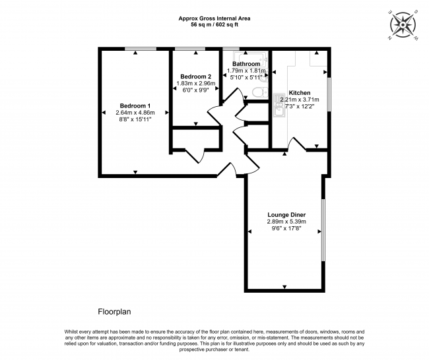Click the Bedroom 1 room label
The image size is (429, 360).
pyautogui.click(x=135, y=105)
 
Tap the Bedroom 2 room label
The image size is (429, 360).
pyautogui.click(x=195, y=76)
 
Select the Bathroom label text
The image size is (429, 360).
pyautogui.click(x=246, y=64)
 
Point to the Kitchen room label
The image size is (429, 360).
pyautogui.click(x=300, y=93)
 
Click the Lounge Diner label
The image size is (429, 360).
pyautogui.click(x=286, y=215)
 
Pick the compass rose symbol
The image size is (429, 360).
pyautogui.click(x=403, y=25)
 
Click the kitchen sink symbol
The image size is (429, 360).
pyautogui.click(x=279, y=105)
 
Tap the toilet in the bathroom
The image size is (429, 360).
pyautogui.click(x=260, y=92)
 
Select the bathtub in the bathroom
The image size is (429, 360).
pyautogui.click(x=249, y=59)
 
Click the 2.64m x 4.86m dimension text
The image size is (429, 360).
pyautogui.click(x=135, y=113)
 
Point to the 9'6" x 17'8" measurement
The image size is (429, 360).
pyautogui.click(x=286, y=229)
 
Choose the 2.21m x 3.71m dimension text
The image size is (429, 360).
pyautogui.click(x=300, y=100)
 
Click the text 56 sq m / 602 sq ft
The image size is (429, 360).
pyautogui.click(x=214, y=25)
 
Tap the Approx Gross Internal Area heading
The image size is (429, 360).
pyautogui.click(x=214, y=18)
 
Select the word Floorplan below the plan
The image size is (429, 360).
pyautogui.click(x=114, y=312)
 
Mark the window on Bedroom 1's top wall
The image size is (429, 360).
pyautogui.click(x=141, y=49)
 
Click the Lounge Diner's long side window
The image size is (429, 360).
pyautogui.click(x=323, y=230)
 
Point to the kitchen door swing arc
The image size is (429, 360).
pyautogui.click(x=297, y=143)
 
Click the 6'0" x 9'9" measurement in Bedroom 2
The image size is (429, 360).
pyautogui.click(x=195, y=90)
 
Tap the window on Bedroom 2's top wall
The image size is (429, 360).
pyautogui.click(x=190, y=49)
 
